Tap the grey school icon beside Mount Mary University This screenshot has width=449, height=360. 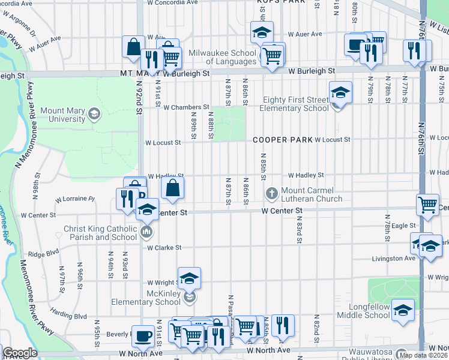pos(94,113)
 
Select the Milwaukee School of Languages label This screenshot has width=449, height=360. pos(223,58)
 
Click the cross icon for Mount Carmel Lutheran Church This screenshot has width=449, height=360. pos(271,193)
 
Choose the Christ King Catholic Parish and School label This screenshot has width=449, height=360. pos(101,233)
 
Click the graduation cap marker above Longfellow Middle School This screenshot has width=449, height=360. pos(403,310)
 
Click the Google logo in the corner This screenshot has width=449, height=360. pos(20,353)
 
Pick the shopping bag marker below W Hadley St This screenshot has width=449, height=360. pos(172,187)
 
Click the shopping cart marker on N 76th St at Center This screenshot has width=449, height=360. pos(427,204)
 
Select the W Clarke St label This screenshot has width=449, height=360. pos(163,247)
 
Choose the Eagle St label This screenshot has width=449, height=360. pos(405,226)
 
